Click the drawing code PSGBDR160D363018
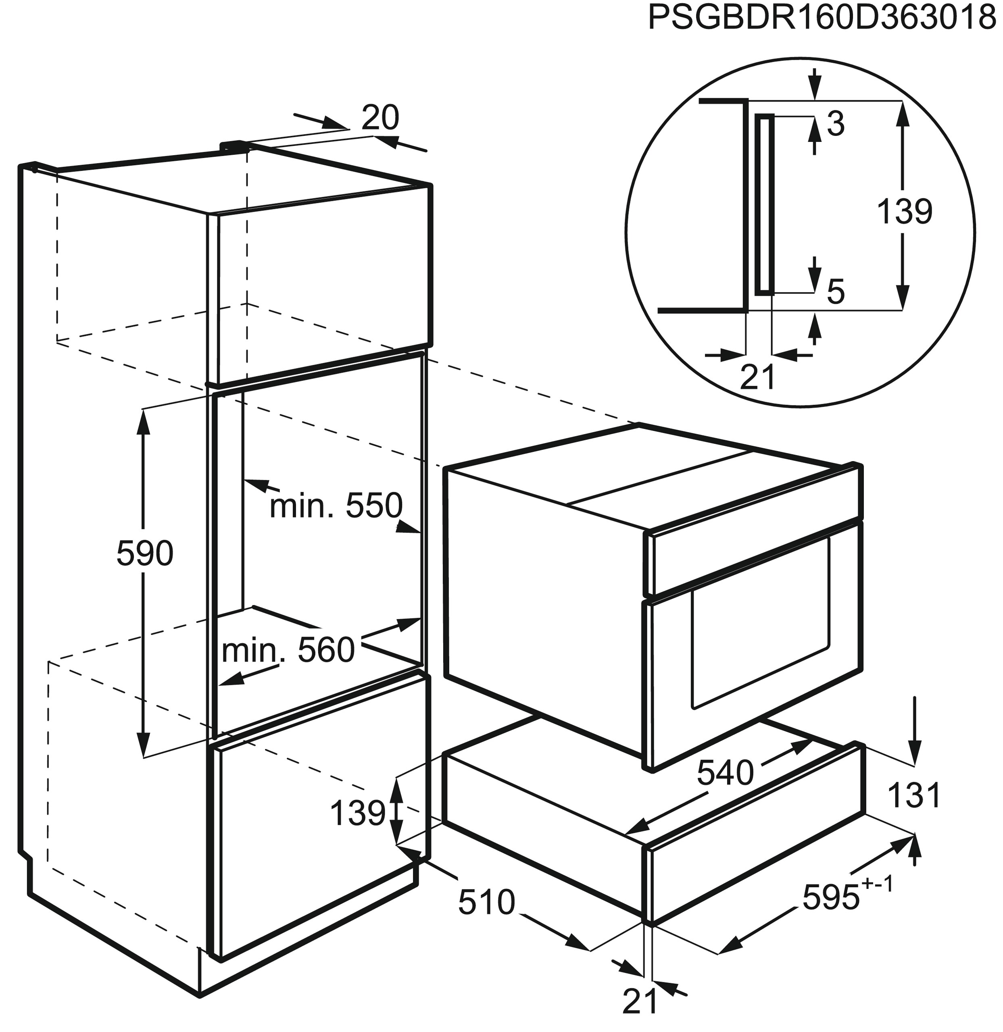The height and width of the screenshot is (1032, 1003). coord(824,19)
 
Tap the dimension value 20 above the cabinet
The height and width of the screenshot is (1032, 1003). coord(380,118)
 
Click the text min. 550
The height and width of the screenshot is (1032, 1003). coord(336,506)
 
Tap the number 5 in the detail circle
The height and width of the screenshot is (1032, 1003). coord(836,292)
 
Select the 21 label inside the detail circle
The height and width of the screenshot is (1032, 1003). coord(758,377)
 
